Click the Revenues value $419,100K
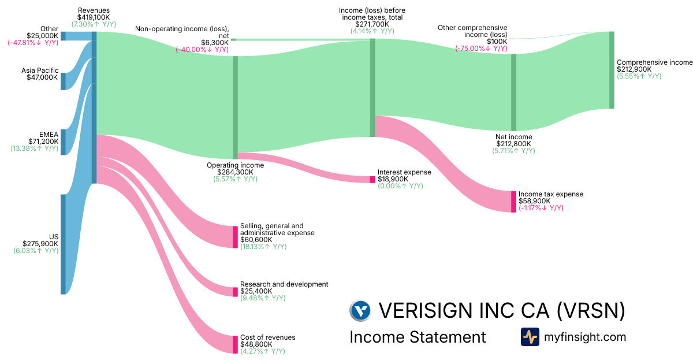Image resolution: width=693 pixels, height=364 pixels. click(94, 17)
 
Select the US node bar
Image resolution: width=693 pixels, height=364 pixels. click(63, 244)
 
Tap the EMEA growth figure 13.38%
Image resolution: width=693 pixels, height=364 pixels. click(35, 148)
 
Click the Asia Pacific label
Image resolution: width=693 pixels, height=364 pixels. click(40, 70)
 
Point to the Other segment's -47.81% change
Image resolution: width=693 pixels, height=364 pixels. click(33, 43)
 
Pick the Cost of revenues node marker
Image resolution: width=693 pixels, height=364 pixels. click(235, 344)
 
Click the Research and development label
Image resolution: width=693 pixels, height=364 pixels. click(284, 284)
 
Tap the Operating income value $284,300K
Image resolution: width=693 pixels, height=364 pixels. click(236, 172)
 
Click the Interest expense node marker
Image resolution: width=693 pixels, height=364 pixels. click(372, 180)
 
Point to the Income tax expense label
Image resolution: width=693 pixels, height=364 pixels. click(551, 194)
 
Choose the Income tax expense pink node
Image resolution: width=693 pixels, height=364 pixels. click(513, 202)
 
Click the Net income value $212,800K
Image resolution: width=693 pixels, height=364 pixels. click(513, 144)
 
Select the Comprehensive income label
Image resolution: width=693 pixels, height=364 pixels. click(654, 62)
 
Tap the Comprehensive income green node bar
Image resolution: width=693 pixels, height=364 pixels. click(612, 70)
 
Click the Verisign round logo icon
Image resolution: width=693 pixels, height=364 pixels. click(360, 311)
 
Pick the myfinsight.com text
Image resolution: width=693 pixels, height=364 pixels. click(585, 337)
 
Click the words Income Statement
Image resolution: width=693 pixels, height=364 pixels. click(418, 337)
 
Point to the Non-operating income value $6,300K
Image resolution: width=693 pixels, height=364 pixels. click(215, 43)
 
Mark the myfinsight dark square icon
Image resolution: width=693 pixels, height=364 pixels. click(530, 337)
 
